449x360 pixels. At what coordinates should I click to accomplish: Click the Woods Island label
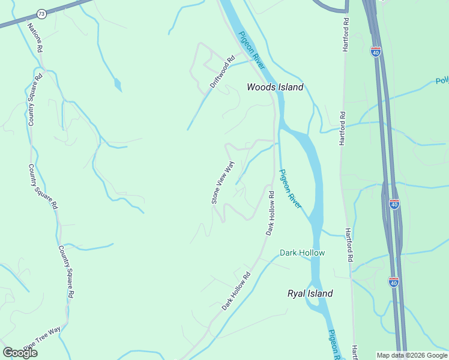click(x=275, y=87)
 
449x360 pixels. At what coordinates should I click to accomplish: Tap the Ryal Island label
click(x=310, y=293)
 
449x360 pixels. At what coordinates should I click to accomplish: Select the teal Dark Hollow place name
click(x=302, y=253)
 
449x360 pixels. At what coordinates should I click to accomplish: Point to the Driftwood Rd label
click(x=222, y=73)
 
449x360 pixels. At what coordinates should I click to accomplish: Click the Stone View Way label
click(x=222, y=182)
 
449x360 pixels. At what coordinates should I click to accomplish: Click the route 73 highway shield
click(x=41, y=13)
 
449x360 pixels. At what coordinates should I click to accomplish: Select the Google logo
click(x=20, y=353)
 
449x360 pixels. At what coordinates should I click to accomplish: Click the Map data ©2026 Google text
click(x=412, y=355)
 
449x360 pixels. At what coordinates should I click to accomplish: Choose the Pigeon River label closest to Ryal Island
click(x=334, y=344)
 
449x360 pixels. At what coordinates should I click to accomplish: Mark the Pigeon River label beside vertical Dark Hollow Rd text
click(x=291, y=188)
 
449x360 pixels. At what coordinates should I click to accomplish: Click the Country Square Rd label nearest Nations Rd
click(x=35, y=100)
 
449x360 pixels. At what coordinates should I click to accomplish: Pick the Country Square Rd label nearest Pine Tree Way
click(x=67, y=272)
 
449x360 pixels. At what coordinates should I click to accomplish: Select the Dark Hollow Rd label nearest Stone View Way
click(x=271, y=213)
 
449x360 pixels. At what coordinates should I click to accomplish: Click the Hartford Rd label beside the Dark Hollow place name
click(x=348, y=245)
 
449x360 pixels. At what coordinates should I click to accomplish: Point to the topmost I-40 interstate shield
click(x=376, y=52)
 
